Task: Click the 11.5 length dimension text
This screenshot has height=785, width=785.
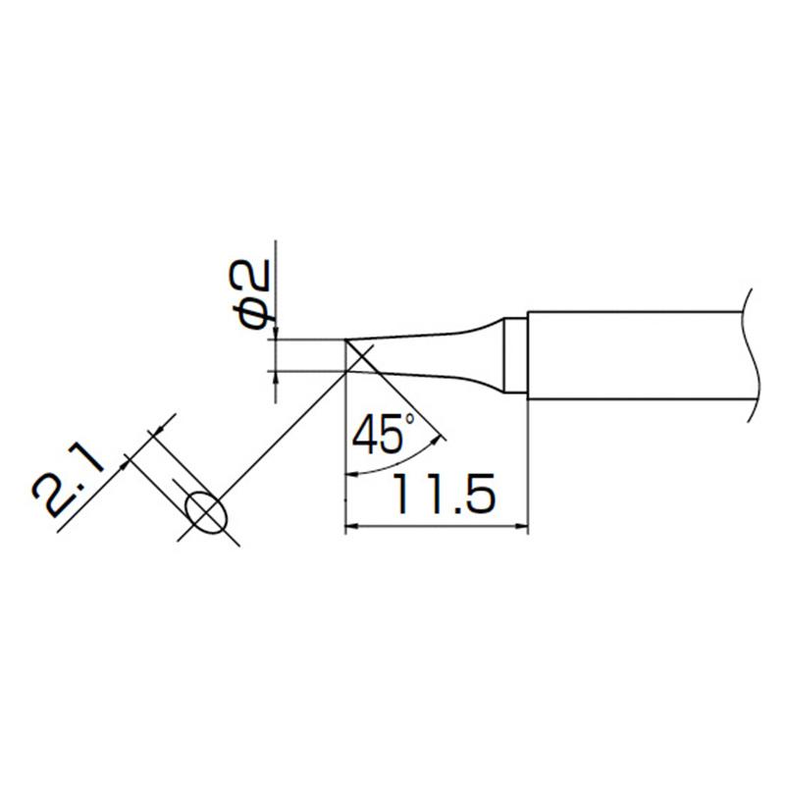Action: click(444, 495)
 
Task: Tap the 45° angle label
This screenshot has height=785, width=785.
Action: click(384, 434)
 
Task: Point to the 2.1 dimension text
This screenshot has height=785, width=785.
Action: click(68, 483)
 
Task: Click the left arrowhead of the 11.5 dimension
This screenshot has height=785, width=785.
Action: click(351, 526)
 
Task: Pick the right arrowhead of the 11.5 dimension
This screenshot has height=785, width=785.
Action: click(522, 526)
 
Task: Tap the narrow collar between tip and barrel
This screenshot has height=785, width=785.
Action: click(515, 354)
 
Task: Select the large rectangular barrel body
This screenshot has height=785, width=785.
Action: click(635, 355)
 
